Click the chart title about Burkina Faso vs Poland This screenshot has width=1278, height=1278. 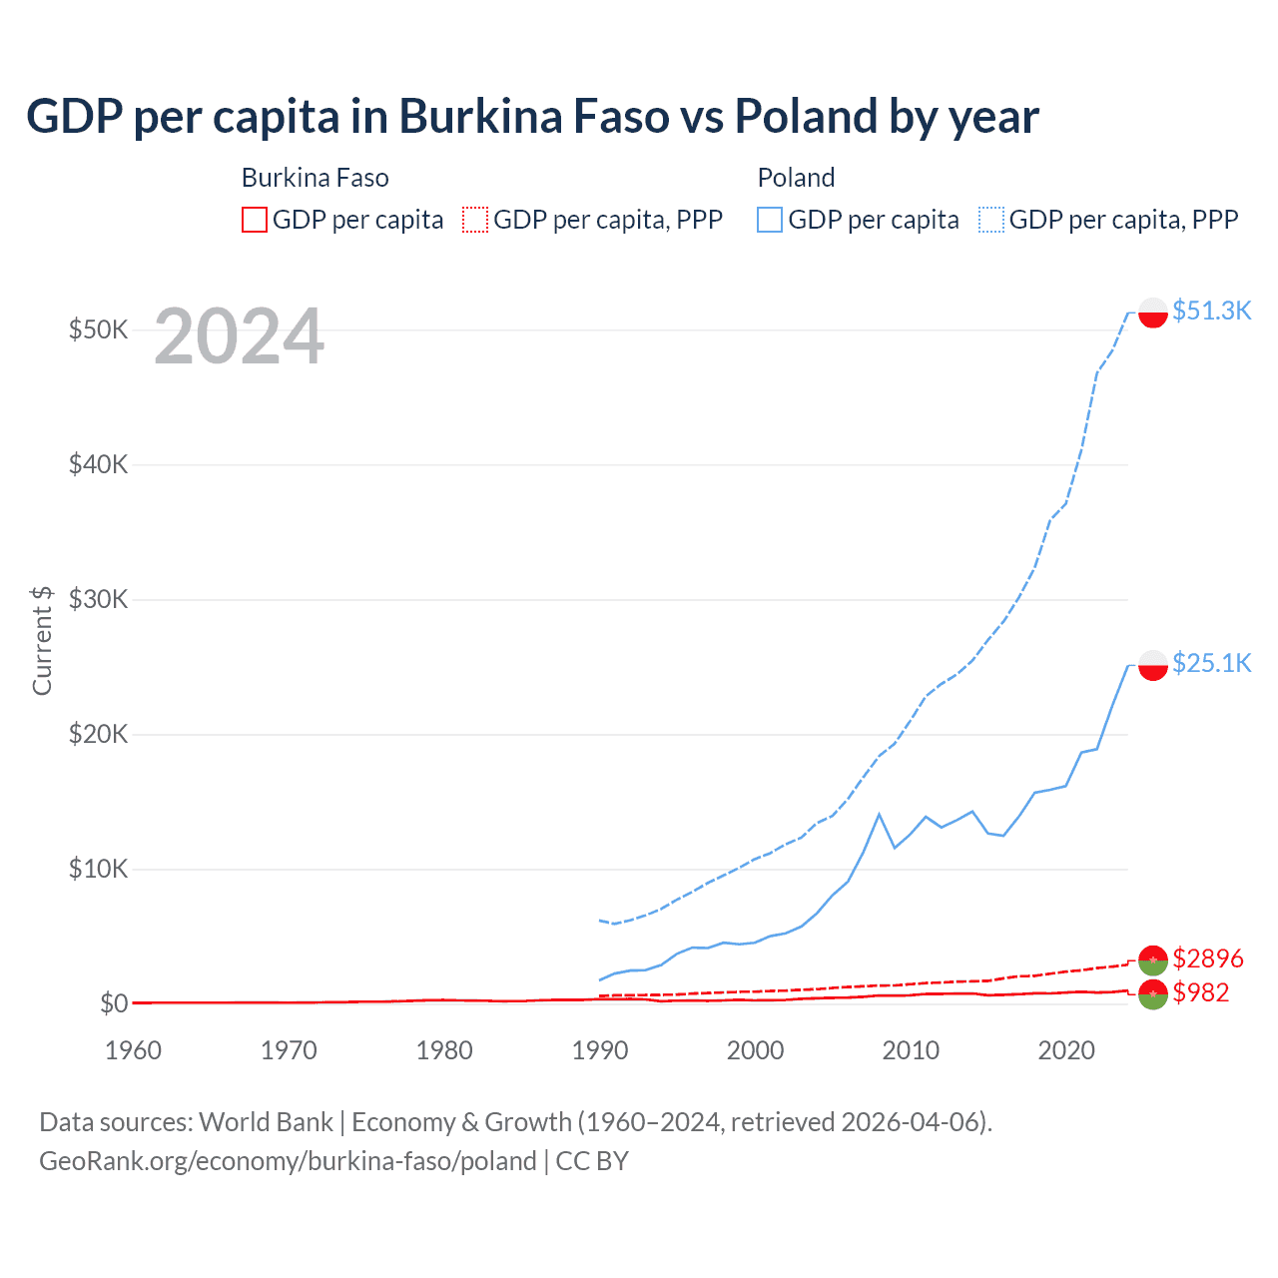(532, 117)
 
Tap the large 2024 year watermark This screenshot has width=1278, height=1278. (239, 337)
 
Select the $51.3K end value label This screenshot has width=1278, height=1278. (1211, 311)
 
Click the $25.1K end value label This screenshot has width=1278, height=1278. (1211, 663)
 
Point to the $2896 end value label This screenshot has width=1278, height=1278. (1208, 958)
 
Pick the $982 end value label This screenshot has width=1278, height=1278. (1201, 992)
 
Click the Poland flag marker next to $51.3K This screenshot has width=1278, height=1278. (1153, 313)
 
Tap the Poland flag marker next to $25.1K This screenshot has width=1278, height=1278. (1153, 665)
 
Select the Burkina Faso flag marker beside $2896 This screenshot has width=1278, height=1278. (1153, 959)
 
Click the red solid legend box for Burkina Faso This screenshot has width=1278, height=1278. (255, 220)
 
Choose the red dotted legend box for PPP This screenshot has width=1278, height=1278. (475, 220)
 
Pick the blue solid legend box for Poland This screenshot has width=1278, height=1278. (770, 220)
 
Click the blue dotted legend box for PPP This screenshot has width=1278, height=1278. (991, 220)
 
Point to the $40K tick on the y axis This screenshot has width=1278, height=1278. (98, 464)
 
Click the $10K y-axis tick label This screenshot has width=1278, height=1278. (98, 869)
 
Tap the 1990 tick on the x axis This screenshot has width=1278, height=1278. (600, 1050)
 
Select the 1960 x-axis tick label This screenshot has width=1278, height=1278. (134, 1050)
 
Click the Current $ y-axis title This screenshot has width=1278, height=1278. (42, 640)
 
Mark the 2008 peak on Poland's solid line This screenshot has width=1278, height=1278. (879, 815)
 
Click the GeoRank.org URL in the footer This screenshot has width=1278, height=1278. (288, 1161)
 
